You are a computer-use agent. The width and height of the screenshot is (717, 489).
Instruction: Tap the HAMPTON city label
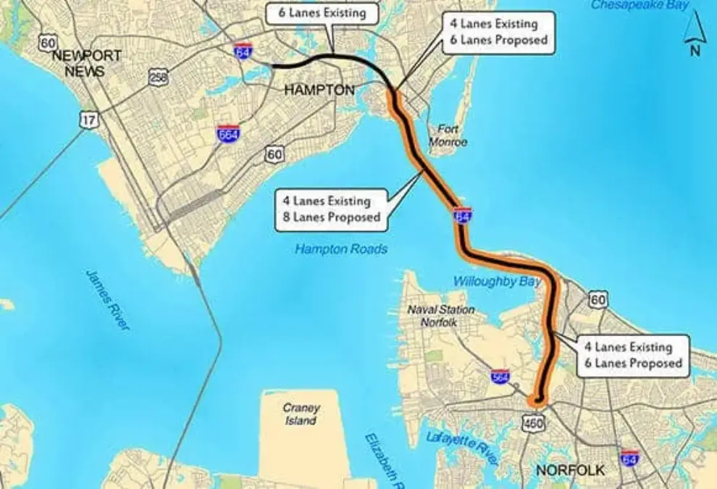pyautogui.click(x=319, y=90)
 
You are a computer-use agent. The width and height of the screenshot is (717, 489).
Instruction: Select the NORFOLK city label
pyautogui.click(x=570, y=471)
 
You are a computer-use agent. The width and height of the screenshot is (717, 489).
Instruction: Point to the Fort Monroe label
pyautogui.click(x=448, y=136)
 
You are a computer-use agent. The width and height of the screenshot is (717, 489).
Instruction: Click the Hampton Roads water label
pyautogui.click(x=341, y=249)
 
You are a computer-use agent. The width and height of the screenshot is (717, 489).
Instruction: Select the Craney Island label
pyautogui.click(x=300, y=414)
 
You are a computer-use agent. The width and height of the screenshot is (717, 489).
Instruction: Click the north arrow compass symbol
pyautogui.click(x=694, y=36)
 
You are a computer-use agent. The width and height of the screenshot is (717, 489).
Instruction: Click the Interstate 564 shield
pyautogui.click(x=500, y=377)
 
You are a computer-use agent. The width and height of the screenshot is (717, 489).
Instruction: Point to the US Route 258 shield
pyautogui.click(x=159, y=78)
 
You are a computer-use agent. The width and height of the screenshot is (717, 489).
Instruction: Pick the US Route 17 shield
pyautogui.click(x=88, y=120)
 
